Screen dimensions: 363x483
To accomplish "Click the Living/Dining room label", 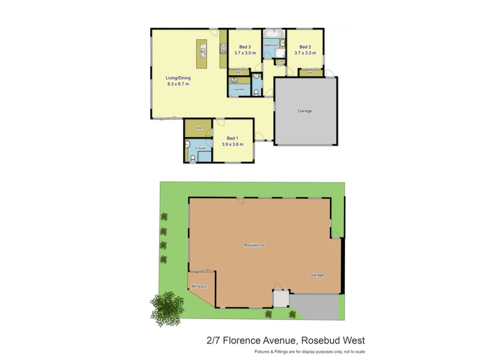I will tap(178, 78).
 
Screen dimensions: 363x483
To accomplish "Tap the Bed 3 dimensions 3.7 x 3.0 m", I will tap(245, 53).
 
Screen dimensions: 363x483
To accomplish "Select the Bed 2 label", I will tap(305, 47).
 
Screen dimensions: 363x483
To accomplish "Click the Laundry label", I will tap(239, 89).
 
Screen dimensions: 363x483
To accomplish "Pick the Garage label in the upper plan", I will tap(305, 111).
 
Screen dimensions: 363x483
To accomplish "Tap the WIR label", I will tap(198, 128).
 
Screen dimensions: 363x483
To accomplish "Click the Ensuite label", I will tap(200, 148).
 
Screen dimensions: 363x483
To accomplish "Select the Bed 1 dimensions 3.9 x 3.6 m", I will tap(233, 144).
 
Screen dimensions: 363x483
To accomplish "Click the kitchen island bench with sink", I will tap(202, 54).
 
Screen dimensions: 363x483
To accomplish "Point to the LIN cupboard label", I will tap(281, 62).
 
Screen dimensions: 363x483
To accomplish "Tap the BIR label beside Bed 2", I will tap(310, 73).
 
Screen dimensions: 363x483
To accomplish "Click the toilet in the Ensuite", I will tap(192, 159).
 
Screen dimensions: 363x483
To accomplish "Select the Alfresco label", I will tap(199, 286).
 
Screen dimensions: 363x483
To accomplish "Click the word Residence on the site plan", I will tap(254, 245).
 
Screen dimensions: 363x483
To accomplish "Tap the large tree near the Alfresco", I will tap(167, 307).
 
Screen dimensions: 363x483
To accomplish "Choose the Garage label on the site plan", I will tap(317, 275).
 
